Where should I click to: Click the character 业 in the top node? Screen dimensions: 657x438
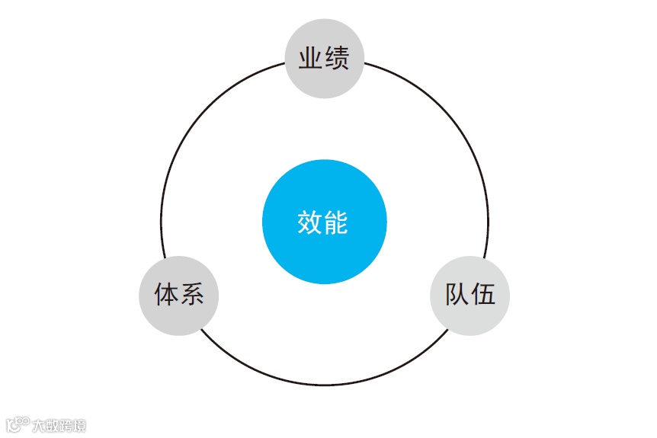pos(311,59)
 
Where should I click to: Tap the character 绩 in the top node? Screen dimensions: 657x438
pos(337,59)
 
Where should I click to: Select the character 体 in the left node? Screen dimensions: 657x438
pos(166,295)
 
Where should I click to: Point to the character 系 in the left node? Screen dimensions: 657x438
pos(192,295)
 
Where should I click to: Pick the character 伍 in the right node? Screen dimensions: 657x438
pos(483,295)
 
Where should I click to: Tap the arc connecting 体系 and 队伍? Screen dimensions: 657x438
pos(324,385)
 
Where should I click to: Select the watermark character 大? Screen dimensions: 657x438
pos(38,425)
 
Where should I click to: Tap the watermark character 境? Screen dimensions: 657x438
pos(79,425)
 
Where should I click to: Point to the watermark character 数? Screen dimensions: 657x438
pos(52,425)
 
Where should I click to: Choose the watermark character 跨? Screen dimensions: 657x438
pos(66,425)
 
